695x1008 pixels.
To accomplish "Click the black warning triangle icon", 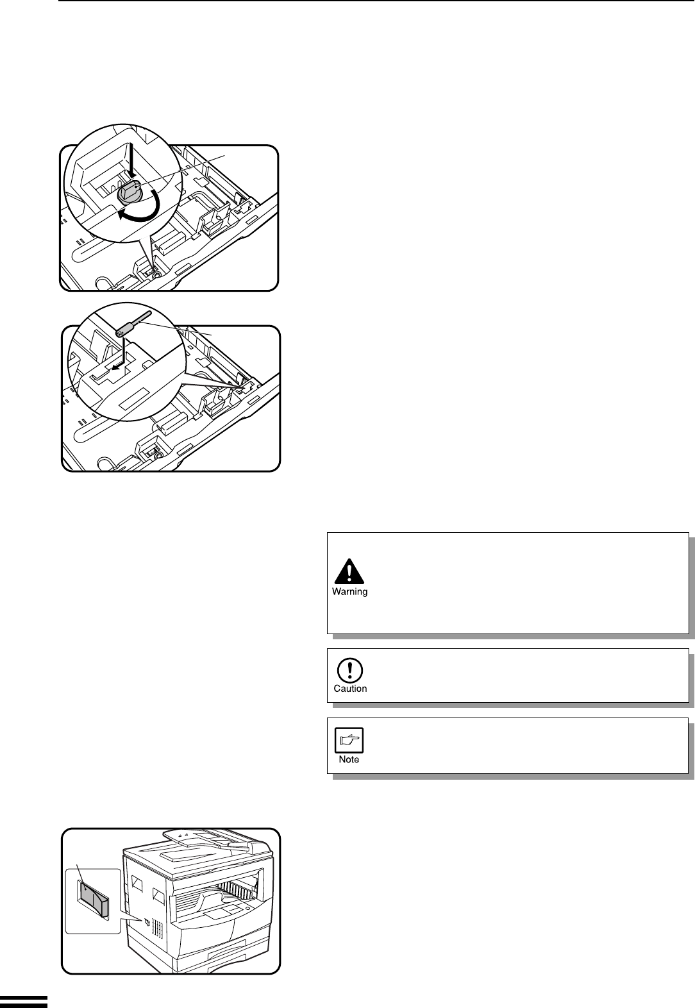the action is [349, 571].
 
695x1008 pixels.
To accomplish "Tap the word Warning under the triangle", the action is [349, 592].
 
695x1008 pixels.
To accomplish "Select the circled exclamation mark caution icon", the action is [349, 670].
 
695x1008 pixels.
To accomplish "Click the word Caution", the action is [350, 689].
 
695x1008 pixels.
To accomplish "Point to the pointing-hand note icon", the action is [349, 740].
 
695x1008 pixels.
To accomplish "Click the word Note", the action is [349, 760].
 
